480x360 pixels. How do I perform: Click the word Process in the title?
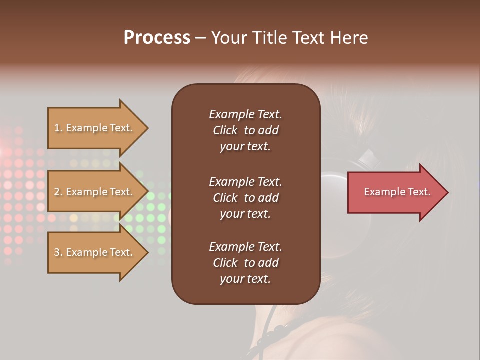pos(157,38)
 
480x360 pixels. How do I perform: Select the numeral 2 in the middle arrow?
pos(57,192)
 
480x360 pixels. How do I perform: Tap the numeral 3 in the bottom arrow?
pos(57,252)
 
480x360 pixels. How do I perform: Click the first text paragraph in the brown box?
pos(245,130)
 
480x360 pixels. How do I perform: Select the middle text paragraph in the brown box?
pos(245,198)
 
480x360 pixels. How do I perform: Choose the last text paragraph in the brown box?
pos(245,263)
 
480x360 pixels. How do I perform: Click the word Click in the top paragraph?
pos(225,130)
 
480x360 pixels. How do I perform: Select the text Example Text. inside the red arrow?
pos(397,192)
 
